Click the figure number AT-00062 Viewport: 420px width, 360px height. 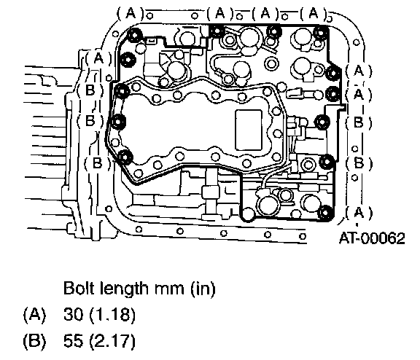pyautogui.click(x=372, y=238)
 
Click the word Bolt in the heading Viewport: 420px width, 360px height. pyautogui.click(x=79, y=289)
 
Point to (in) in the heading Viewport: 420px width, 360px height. pyautogui.click(x=203, y=289)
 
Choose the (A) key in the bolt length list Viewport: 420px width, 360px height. pyautogui.click(x=34, y=315)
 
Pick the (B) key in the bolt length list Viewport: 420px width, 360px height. pyautogui.click(x=34, y=341)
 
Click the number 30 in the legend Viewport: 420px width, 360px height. pyautogui.click(x=73, y=315)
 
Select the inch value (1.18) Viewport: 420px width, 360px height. pyautogui.click(x=112, y=315)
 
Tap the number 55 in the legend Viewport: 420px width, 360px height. pyautogui.click(x=73, y=341)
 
